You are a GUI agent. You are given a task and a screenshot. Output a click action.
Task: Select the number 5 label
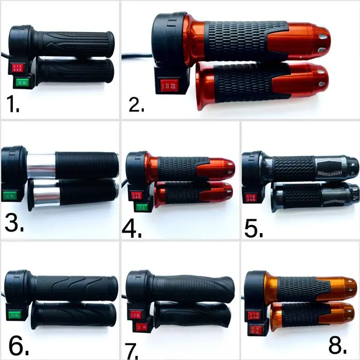[x=254, y=227]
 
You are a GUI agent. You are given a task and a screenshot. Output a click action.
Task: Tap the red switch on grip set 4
[x=137, y=195]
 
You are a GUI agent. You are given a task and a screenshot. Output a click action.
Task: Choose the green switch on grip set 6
[x=13, y=314]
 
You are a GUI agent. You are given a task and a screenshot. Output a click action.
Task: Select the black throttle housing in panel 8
[x=256, y=287]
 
